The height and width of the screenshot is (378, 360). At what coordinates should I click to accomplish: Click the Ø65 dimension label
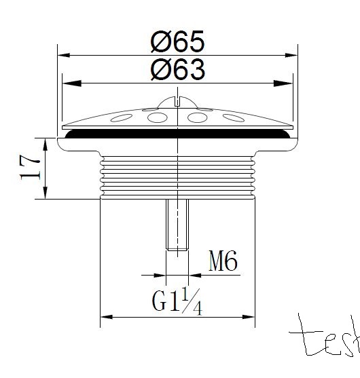[177, 41]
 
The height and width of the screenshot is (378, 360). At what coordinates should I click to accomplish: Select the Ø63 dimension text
[177, 69]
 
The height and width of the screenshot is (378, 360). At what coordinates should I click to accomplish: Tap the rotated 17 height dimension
[29, 168]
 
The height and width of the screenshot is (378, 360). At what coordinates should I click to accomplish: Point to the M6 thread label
[222, 262]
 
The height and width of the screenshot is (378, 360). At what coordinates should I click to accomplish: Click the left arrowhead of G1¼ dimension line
[105, 317]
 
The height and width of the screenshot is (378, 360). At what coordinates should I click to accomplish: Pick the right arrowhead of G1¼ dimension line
[251, 317]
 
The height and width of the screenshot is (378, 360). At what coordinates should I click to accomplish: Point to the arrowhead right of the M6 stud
[194, 276]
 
